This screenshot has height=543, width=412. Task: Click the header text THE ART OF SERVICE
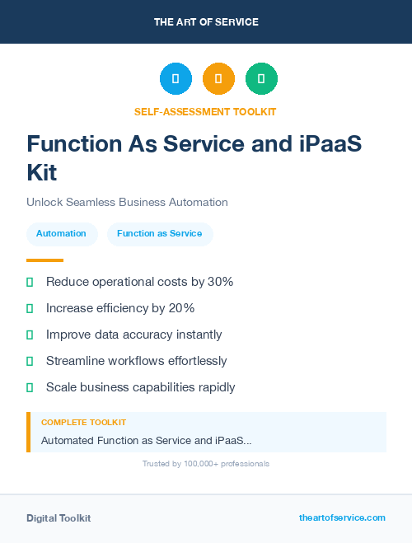click(x=206, y=22)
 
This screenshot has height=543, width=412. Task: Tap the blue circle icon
click(x=176, y=79)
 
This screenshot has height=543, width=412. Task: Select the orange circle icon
click(x=218, y=79)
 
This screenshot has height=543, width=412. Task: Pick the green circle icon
click(x=261, y=79)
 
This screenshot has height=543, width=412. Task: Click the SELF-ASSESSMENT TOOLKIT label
click(x=205, y=111)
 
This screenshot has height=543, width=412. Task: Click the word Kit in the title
click(x=42, y=173)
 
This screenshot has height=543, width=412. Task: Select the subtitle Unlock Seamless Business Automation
click(x=127, y=202)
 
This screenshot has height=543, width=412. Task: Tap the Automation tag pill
click(x=61, y=234)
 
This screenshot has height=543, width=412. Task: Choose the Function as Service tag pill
click(x=160, y=234)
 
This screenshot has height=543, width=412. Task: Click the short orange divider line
click(x=44, y=260)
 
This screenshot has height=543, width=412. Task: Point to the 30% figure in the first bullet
click(x=221, y=282)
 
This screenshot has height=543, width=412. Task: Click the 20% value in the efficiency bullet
click(x=181, y=308)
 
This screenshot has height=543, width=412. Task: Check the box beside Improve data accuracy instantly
click(x=30, y=335)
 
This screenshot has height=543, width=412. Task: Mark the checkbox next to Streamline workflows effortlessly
click(x=30, y=361)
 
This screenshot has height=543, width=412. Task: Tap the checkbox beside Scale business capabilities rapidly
click(x=30, y=387)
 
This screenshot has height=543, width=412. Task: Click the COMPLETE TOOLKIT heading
click(x=83, y=422)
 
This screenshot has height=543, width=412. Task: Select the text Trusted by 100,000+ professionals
click(x=206, y=464)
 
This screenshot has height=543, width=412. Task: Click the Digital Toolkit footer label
click(x=59, y=518)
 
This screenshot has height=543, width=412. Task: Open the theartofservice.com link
click(x=342, y=517)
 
